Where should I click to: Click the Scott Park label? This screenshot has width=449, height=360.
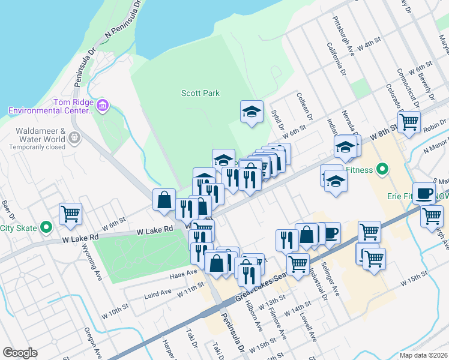pos(200,93)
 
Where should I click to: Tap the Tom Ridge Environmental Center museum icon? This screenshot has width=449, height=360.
pos(103,106)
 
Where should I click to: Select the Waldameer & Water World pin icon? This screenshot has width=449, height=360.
pos(74,137)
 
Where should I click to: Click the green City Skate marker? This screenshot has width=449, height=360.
pos(47,227)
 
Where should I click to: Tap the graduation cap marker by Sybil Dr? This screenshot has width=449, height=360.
pos(252,111)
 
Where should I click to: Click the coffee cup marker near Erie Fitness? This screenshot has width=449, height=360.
pos(424,194)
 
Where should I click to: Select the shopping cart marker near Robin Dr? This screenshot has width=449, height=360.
pos(409,122)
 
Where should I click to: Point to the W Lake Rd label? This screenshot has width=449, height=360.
pos(155,230)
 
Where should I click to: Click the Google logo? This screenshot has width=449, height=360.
pos(20,353)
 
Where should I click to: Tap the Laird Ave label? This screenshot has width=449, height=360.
pos(158,293)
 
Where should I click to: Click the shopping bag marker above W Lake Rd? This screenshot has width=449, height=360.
pos(164,200)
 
